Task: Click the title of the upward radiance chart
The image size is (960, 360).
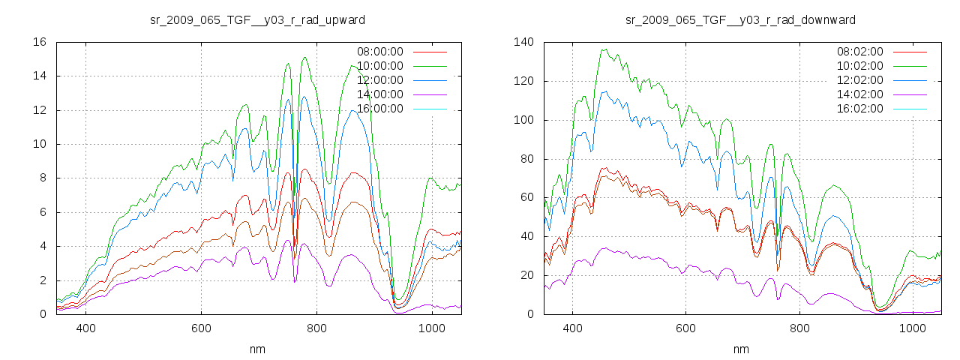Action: click(258, 19)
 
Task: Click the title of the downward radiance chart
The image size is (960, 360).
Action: click(740, 19)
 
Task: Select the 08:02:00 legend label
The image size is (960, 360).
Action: click(859, 52)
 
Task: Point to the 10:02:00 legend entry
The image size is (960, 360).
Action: click(859, 66)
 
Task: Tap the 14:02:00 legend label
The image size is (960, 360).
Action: click(859, 94)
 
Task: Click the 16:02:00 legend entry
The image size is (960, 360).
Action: click(859, 109)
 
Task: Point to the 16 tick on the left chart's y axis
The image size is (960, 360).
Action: click(40, 42)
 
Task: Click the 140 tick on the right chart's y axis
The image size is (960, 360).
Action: click(523, 42)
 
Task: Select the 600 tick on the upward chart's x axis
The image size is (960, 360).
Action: click(201, 328)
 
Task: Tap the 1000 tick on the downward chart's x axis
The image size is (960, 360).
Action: click(912, 328)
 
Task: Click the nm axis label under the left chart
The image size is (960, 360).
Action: click(258, 349)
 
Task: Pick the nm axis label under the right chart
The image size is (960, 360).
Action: click(740, 349)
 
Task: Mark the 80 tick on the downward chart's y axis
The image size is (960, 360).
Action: click(526, 159)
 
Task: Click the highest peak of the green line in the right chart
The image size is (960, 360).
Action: click(604, 49)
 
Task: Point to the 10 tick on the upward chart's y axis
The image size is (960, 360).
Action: click(40, 144)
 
